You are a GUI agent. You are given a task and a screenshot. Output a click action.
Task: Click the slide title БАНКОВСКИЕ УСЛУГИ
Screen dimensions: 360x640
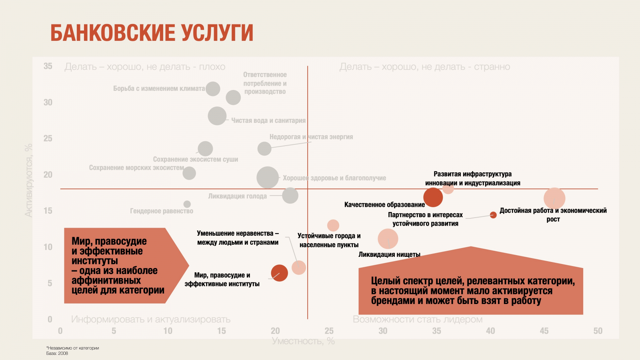[x=152, y=33]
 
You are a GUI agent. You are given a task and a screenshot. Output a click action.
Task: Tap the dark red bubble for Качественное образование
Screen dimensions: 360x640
[x=433, y=197]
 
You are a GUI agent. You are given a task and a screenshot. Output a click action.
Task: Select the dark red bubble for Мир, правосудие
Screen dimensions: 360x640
[x=279, y=273]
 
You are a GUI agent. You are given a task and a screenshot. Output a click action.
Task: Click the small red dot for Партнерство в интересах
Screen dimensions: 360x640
[x=493, y=215]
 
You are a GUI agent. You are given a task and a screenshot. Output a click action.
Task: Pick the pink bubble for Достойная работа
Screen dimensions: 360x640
[x=554, y=198]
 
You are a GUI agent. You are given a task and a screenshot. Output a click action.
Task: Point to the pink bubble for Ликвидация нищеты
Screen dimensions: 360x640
[x=388, y=239]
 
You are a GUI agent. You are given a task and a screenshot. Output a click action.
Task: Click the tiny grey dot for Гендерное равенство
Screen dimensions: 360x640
[x=187, y=204]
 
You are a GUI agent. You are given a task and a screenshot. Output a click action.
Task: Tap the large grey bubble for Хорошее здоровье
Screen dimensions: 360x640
[x=268, y=178]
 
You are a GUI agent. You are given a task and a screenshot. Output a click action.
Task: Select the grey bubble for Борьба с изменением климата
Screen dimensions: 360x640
[x=213, y=89]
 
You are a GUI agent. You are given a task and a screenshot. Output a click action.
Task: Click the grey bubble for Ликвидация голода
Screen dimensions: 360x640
[x=290, y=196]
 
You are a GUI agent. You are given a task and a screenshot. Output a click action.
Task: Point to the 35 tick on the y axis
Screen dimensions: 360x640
[x=48, y=66]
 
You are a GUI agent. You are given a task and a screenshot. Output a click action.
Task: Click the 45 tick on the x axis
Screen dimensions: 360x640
[x=544, y=331]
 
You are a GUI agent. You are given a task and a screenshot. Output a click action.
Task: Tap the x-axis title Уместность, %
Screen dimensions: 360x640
[x=303, y=341]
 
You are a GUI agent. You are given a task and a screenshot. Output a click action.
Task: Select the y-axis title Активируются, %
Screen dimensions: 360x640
[x=28, y=180]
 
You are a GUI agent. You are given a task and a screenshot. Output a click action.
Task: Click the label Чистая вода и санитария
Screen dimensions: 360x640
[x=268, y=120]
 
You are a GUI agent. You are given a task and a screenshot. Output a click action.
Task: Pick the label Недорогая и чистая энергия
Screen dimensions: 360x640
[x=311, y=137]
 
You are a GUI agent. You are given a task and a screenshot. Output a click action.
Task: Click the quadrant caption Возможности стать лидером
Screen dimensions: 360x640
[x=418, y=320]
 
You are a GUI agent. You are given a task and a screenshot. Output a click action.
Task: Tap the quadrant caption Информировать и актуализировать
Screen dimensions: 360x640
[x=151, y=320]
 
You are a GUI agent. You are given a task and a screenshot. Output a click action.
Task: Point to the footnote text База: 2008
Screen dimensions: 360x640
[x=57, y=353]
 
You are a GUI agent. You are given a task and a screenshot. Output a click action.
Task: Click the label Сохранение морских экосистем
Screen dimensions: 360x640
[x=136, y=168]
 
